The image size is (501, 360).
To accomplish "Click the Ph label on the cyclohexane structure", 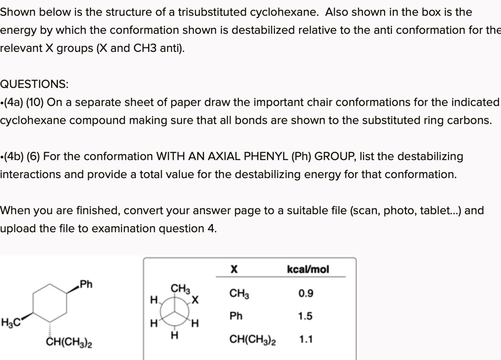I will pos(86,284).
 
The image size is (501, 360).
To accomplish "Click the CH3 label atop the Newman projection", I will pos(180,289).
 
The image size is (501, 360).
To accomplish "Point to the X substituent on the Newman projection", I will pos(196,299).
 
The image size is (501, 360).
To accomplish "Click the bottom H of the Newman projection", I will pos(173,336).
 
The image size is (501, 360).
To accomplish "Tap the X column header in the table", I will pos(234,270).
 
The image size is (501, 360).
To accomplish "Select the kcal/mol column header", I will pos(308,270).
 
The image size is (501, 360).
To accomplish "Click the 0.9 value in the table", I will pos(306,293).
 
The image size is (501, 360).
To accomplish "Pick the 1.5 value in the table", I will pos(305,316).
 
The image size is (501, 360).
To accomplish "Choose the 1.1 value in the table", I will pos(305,339).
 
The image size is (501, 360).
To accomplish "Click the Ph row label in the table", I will pos(236,316).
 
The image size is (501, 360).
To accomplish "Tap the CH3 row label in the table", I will pos(239,294).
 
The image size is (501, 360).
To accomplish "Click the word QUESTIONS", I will pos(34,84).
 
